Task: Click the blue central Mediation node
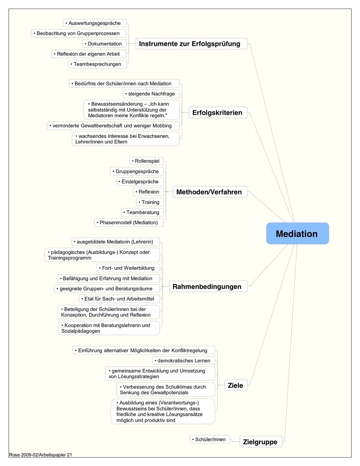297,233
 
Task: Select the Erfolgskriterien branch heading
218,112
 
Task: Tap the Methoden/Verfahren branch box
210,192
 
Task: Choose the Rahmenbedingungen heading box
208,286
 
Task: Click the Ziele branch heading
236,385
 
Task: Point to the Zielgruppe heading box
261,442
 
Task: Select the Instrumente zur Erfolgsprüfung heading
191,44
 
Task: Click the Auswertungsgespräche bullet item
95,23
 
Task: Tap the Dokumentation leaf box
104,44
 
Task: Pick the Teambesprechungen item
97,64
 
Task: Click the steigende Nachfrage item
151,94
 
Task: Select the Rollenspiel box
146,161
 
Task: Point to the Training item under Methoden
150,202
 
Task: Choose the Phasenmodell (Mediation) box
129,222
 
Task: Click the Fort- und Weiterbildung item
128,268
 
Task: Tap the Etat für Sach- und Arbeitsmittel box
119,299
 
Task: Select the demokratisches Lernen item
183,360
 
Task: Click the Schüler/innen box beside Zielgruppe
210,439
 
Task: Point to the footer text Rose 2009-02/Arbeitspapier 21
40,455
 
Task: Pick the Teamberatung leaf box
142,212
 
